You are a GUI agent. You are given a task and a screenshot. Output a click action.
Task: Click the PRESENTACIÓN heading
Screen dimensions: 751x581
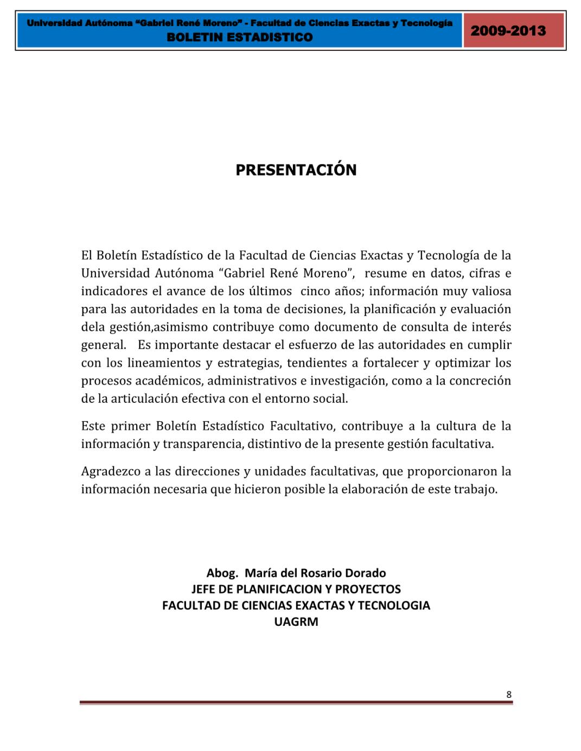pyautogui.click(x=296, y=170)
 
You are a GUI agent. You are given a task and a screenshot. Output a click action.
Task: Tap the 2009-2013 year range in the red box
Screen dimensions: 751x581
pyautogui.click(x=508, y=30)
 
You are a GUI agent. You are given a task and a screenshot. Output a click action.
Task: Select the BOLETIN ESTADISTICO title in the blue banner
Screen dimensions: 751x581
pyautogui.click(x=240, y=37)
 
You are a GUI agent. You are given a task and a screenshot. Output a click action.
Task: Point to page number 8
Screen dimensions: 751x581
pyautogui.click(x=509, y=695)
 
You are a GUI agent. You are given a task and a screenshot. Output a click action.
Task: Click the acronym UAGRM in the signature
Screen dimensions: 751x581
pyautogui.click(x=296, y=622)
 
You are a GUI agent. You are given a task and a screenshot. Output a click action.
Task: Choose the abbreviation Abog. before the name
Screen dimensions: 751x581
pyautogui.click(x=222, y=573)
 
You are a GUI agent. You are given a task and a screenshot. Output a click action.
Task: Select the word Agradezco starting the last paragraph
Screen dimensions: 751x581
pyautogui.click(x=111, y=471)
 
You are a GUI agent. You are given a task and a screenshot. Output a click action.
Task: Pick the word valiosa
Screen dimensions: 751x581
pyautogui.click(x=490, y=291)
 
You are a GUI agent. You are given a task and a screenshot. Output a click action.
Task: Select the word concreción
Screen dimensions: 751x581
pyautogui.click(x=480, y=381)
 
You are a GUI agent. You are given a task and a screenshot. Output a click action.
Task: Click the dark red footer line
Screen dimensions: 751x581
pyautogui.click(x=296, y=703)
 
